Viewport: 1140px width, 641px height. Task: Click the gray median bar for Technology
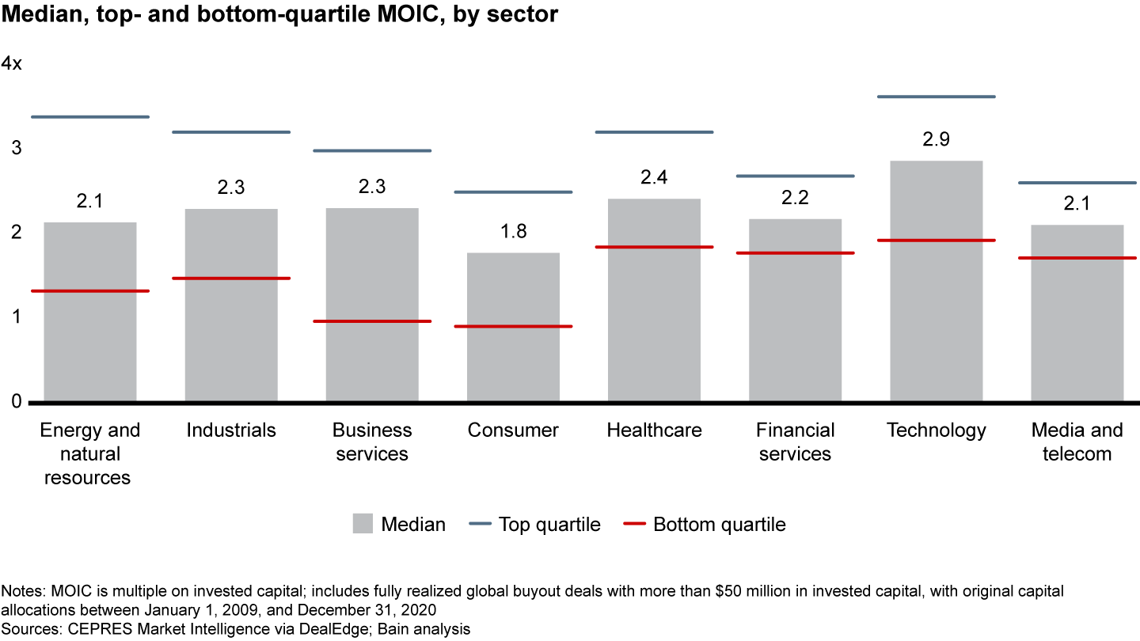(x=937, y=317)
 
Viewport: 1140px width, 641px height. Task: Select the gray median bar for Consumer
(x=513, y=356)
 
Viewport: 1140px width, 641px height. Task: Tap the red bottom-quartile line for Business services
(x=372, y=321)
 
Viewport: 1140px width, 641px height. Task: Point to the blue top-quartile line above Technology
(x=937, y=97)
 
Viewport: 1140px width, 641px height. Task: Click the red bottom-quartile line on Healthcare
(x=655, y=247)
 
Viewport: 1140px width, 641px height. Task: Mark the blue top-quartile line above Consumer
(x=513, y=192)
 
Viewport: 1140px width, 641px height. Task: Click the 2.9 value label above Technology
(x=937, y=140)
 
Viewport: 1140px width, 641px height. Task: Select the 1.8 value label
(x=513, y=232)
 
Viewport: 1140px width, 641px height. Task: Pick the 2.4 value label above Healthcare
(x=655, y=177)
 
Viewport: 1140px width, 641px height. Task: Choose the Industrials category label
(x=231, y=430)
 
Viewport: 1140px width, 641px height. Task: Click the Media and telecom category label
(x=1077, y=442)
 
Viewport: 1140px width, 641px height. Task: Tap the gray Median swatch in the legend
(x=363, y=524)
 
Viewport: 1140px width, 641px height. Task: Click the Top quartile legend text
(x=549, y=525)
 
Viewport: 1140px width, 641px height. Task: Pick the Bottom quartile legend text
(x=720, y=525)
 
